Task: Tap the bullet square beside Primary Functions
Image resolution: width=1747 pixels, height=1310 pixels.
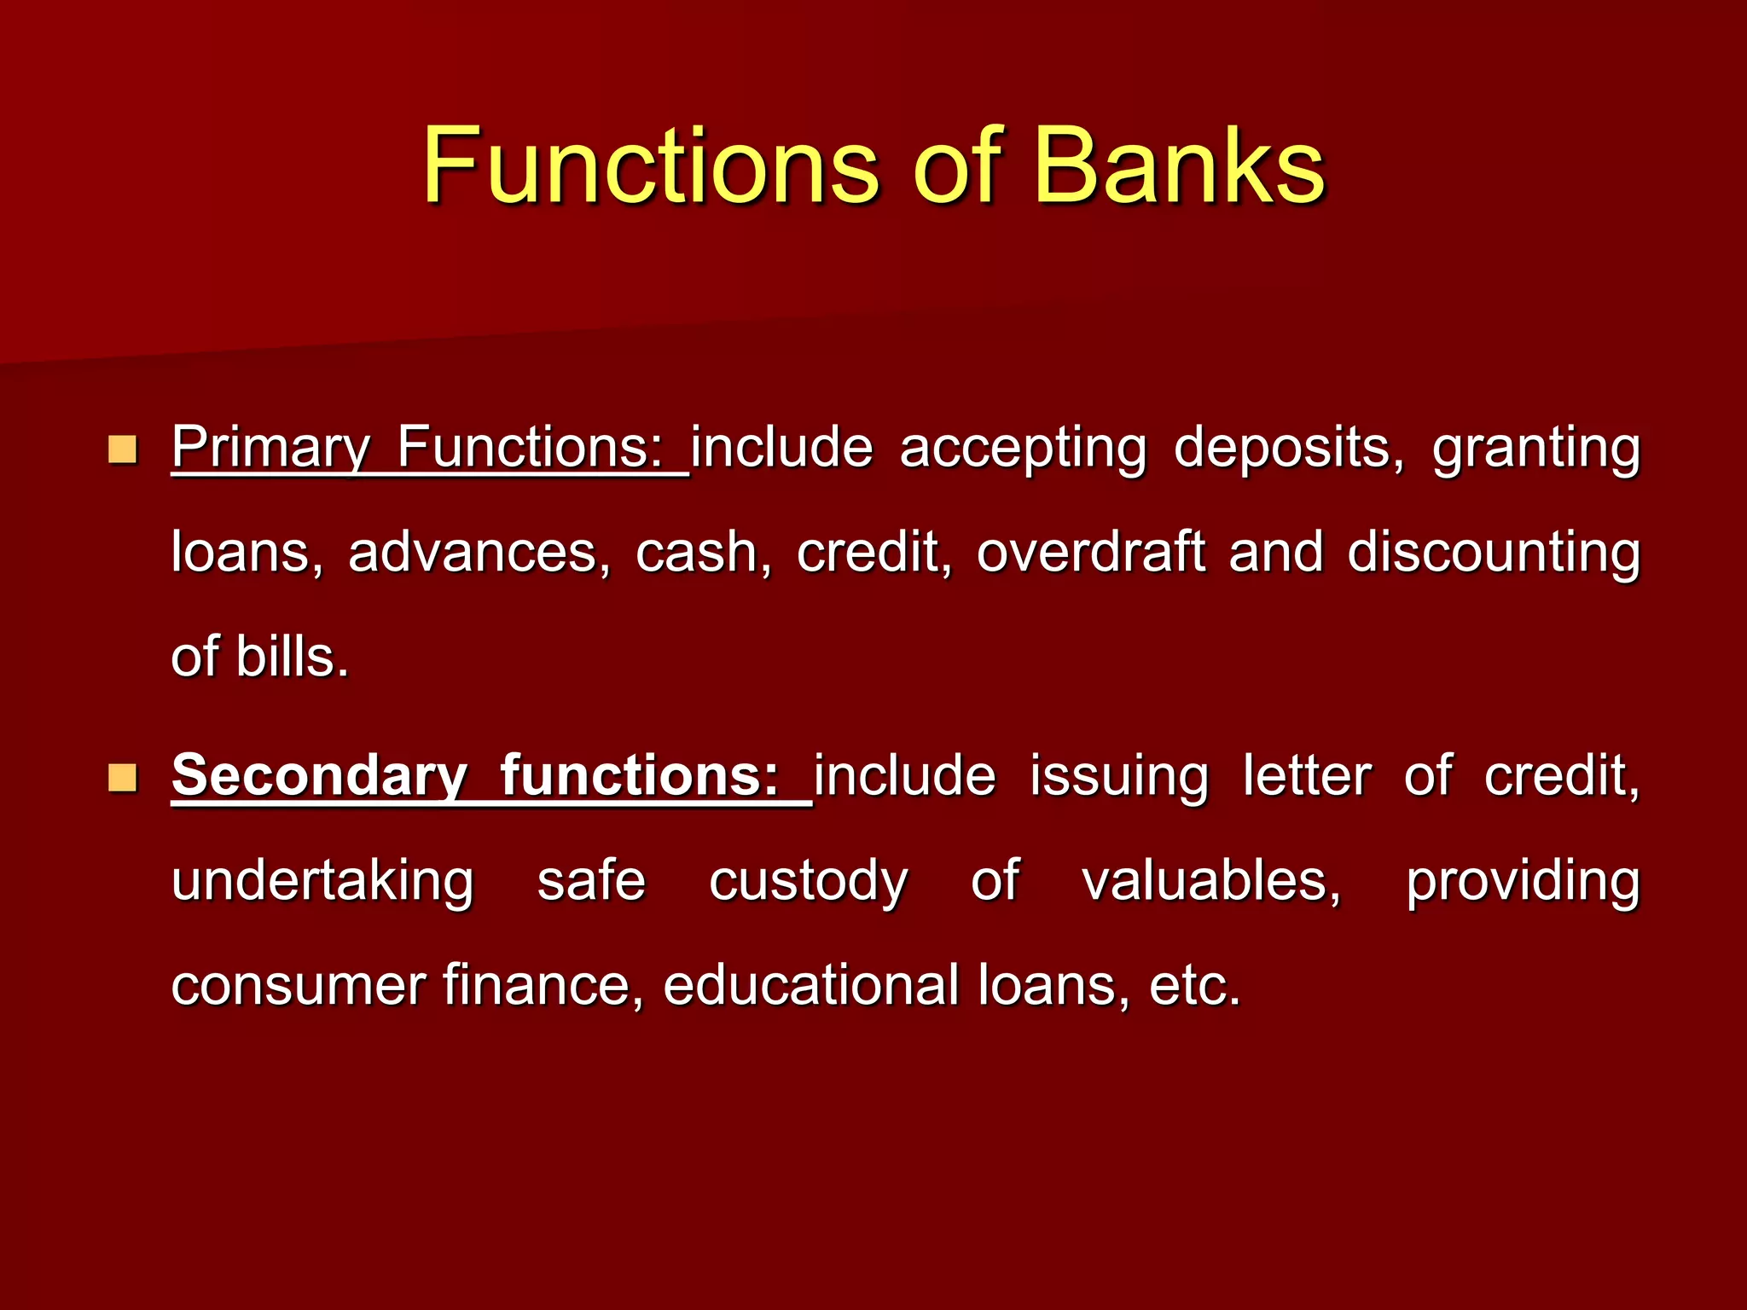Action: tap(123, 449)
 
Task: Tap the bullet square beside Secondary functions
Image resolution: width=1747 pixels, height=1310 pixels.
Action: tap(123, 777)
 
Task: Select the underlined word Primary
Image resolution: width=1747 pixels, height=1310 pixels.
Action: tap(270, 448)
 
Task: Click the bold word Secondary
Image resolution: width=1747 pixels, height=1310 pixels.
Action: tap(319, 775)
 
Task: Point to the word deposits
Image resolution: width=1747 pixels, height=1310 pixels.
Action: tap(1288, 448)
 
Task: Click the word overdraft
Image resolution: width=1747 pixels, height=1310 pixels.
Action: tap(1090, 552)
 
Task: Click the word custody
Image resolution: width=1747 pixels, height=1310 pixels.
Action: tap(808, 882)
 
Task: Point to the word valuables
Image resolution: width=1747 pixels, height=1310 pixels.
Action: tap(1211, 880)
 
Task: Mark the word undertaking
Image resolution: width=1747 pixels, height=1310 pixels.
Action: tap(322, 882)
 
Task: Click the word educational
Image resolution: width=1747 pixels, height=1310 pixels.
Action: tap(810, 985)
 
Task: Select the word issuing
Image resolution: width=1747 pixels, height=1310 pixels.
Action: tap(1119, 777)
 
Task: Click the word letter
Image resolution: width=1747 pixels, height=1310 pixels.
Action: tap(1306, 775)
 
